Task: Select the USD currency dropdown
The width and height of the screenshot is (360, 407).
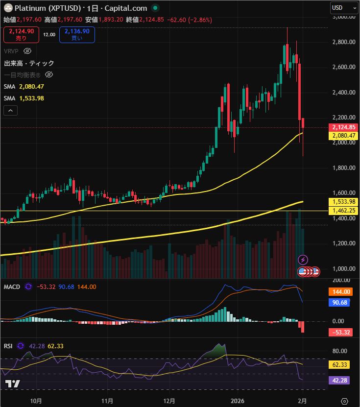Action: [x=345, y=7]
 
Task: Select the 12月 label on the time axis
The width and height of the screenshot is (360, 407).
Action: [x=169, y=400]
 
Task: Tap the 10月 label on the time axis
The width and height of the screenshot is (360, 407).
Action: [x=36, y=400]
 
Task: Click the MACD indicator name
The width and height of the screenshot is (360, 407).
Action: [x=12, y=287]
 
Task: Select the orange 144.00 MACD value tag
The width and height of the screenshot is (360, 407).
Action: [x=339, y=291]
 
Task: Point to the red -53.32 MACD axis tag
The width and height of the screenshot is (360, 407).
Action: [x=339, y=333]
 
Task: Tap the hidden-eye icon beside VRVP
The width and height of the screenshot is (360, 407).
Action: [x=27, y=51]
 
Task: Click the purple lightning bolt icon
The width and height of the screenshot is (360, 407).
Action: [x=303, y=259]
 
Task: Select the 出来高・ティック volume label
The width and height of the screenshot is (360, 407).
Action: [x=29, y=63]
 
